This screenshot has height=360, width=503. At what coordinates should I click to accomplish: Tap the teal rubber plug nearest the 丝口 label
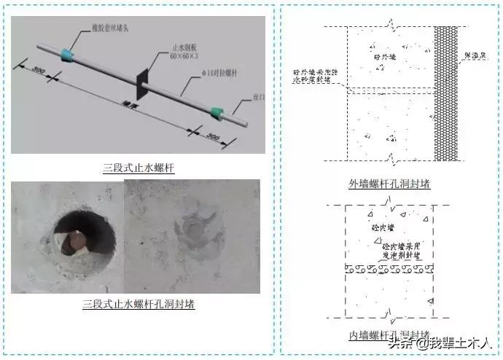(x=217, y=112)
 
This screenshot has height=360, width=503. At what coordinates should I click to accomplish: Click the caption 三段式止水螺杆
(x=139, y=168)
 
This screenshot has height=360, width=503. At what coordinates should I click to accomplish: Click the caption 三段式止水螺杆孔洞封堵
(x=139, y=303)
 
